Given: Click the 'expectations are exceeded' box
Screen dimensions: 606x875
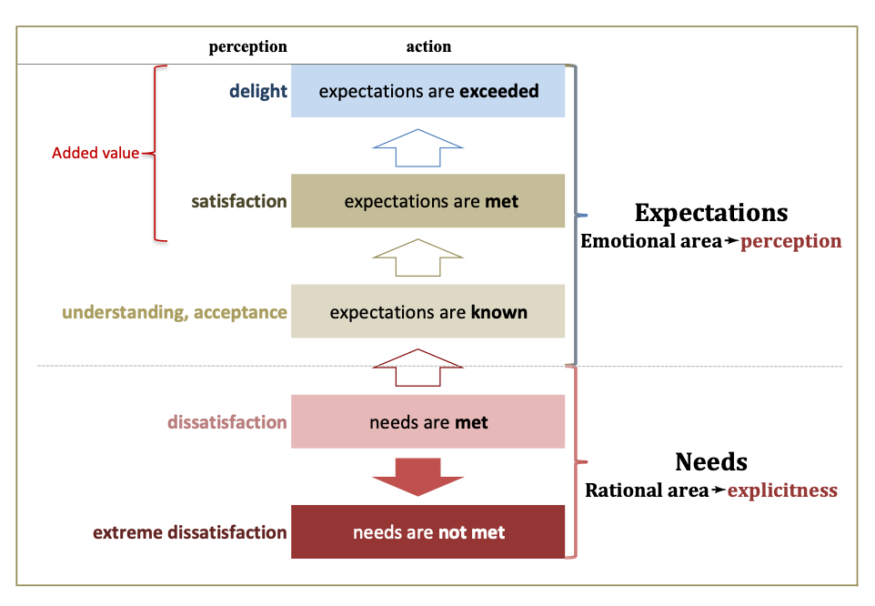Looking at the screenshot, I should point(427,91).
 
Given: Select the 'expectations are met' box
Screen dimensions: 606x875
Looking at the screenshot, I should point(427,201).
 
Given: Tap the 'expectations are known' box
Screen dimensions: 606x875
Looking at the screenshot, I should point(427,312).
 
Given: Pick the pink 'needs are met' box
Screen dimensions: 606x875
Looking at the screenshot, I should point(427,422).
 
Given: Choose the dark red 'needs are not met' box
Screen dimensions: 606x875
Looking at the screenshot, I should point(427,532).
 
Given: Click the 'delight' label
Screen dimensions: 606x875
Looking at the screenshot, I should point(258,91).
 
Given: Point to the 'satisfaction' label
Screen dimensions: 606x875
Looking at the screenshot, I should point(239,201).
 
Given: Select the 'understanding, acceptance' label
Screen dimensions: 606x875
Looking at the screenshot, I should point(175,313).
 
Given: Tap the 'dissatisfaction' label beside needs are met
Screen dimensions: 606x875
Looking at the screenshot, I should point(227,422).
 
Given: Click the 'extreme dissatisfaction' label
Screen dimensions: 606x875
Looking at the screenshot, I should point(190,532).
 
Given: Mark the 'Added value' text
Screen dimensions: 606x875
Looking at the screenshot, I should point(96,153).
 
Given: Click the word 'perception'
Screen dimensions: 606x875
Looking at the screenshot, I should point(790,241).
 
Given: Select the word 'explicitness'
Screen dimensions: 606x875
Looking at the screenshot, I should point(782,490).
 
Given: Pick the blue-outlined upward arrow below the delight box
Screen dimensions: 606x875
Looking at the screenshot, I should point(418,147).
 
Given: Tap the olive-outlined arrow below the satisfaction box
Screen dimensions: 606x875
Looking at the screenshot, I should point(418,258).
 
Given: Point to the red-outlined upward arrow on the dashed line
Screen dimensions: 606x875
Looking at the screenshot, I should point(418,368).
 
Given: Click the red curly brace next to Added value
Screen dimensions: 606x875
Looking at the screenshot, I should point(160,153).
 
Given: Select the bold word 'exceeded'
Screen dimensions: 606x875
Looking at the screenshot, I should point(498,91).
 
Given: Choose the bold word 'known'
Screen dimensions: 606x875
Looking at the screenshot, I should point(498,312).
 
